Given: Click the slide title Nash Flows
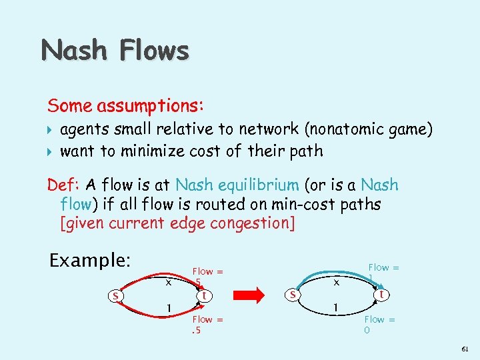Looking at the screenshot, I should click(x=115, y=50).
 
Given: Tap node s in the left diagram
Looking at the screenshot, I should click(x=115, y=296).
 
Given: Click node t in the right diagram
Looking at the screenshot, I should click(x=381, y=294).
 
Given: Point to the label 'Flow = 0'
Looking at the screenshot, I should click(x=379, y=325).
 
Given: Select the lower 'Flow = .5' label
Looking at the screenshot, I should click(x=207, y=325).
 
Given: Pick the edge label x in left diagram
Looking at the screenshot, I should click(x=169, y=282).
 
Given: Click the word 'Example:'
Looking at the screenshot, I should click(x=90, y=259).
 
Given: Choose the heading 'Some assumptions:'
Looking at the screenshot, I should click(x=125, y=105).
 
